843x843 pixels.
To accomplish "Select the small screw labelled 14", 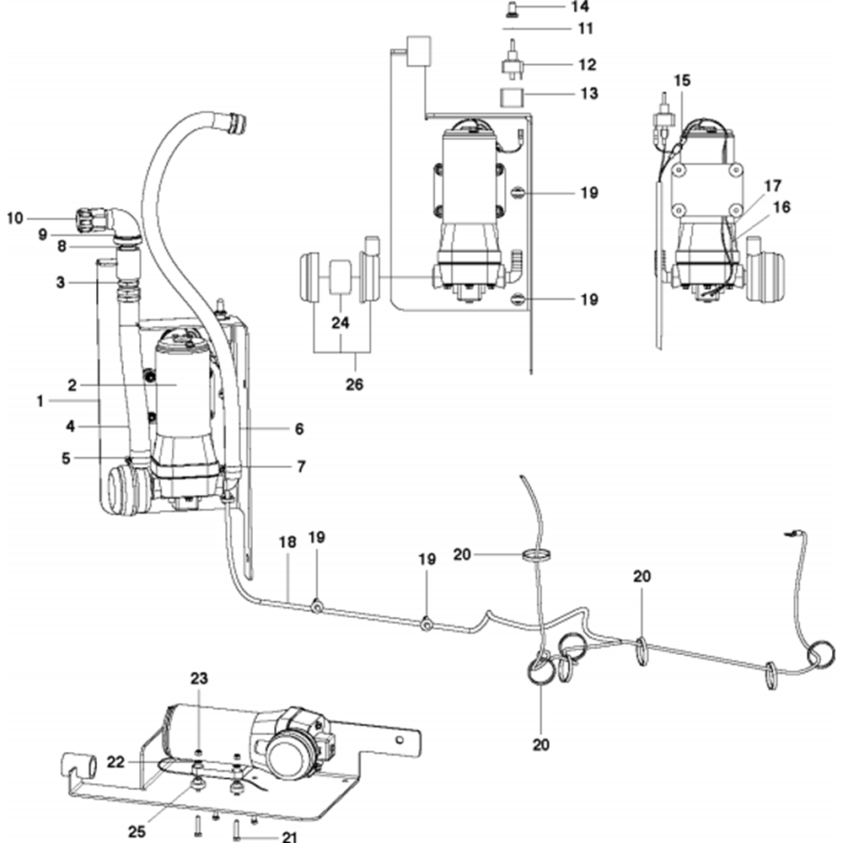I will coord(511,8).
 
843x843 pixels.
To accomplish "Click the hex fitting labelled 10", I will coord(86,220).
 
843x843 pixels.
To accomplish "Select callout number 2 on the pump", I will coord(72,385).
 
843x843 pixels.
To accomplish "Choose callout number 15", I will coord(681,81).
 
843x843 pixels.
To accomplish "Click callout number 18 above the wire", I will coord(287,542).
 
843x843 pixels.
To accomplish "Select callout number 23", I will coord(198,679).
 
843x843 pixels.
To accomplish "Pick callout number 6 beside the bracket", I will coord(298,428).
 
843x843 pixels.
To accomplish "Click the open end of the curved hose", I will coord(234,123).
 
